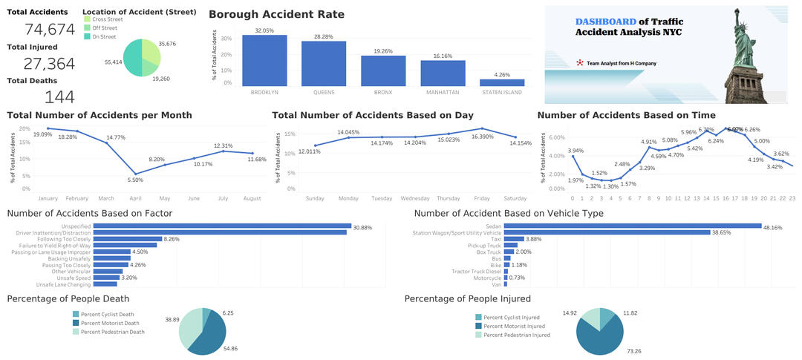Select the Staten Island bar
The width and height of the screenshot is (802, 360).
point(502,82)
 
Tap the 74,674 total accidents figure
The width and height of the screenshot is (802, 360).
point(50,30)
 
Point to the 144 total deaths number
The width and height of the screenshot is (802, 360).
point(59,97)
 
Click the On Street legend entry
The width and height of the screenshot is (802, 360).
point(105,36)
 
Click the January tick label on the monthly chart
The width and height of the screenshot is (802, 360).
point(47,198)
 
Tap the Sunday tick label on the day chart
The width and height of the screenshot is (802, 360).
point(315,198)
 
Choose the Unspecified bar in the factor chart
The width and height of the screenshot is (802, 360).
point(222,226)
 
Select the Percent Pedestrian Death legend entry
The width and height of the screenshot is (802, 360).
point(112,332)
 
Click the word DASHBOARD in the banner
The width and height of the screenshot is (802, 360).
point(606,22)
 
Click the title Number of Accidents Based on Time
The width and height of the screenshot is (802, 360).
point(626,115)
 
